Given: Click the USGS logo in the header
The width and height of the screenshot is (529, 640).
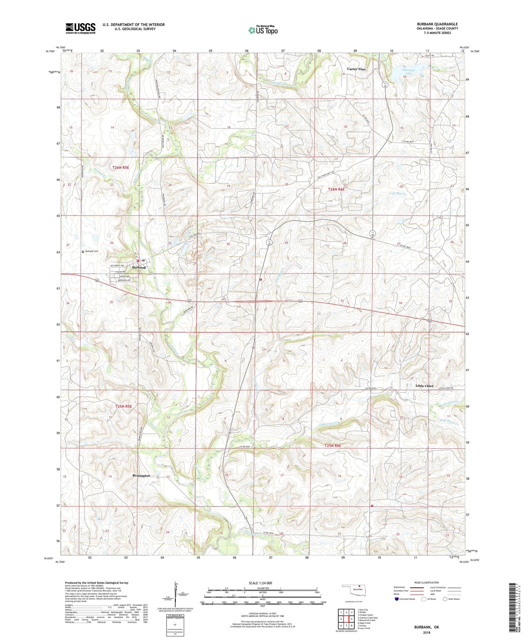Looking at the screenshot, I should [81, 28].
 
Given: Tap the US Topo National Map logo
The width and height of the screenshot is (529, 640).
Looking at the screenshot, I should [263, 30].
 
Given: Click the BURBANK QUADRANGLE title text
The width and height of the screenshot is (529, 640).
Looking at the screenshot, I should [437, 24].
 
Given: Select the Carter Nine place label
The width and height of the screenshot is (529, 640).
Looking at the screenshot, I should [356, 69].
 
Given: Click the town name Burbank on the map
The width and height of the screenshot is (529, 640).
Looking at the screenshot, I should [139, 268].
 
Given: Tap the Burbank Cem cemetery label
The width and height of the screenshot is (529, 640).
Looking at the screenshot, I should [91, 251].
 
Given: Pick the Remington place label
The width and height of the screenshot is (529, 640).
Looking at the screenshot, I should [141, 475].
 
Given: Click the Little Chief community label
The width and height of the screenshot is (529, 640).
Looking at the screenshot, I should [424, 386].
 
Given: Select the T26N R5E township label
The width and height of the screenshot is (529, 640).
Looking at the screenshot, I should [121, 168].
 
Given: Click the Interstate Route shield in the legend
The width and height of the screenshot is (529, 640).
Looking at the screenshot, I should [397, 599].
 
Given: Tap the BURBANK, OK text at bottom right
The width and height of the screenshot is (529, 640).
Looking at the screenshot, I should [426, 627].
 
